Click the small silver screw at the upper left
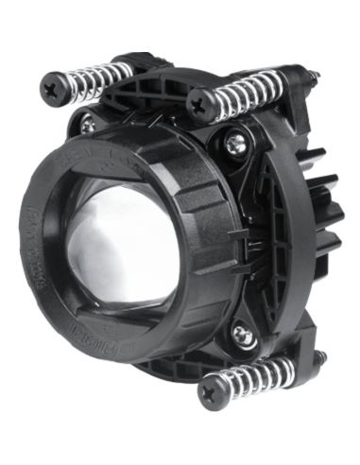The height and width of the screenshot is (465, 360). (x=87, y=123)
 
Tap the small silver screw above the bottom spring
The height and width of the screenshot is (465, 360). (x=243, y=335)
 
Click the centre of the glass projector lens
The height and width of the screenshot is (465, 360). (x=118, y=241)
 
